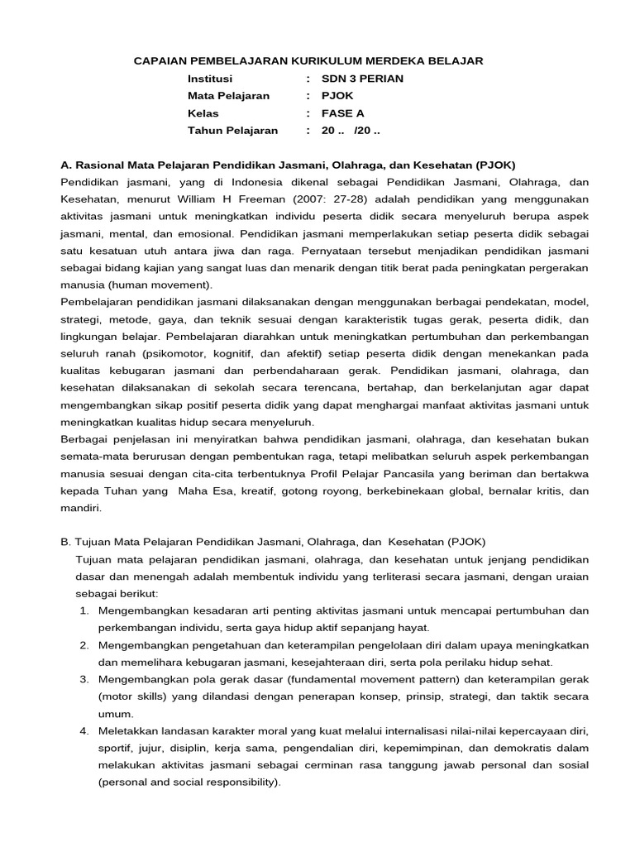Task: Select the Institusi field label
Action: pyautogui.click(x=210, y=79)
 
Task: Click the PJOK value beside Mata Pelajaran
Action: pyautogui.click(x=337, y=96)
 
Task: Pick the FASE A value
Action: pyautogui.click(x=342, y=113)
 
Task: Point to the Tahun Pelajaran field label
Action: pyautogui.click(x=233, y=131)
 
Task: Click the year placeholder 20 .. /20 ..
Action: pyautogui.click(x=351, y=131)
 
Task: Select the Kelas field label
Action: pyautogui.click(x=203, y=113)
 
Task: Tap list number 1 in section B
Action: pyautogui.click(x=84, y=610)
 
